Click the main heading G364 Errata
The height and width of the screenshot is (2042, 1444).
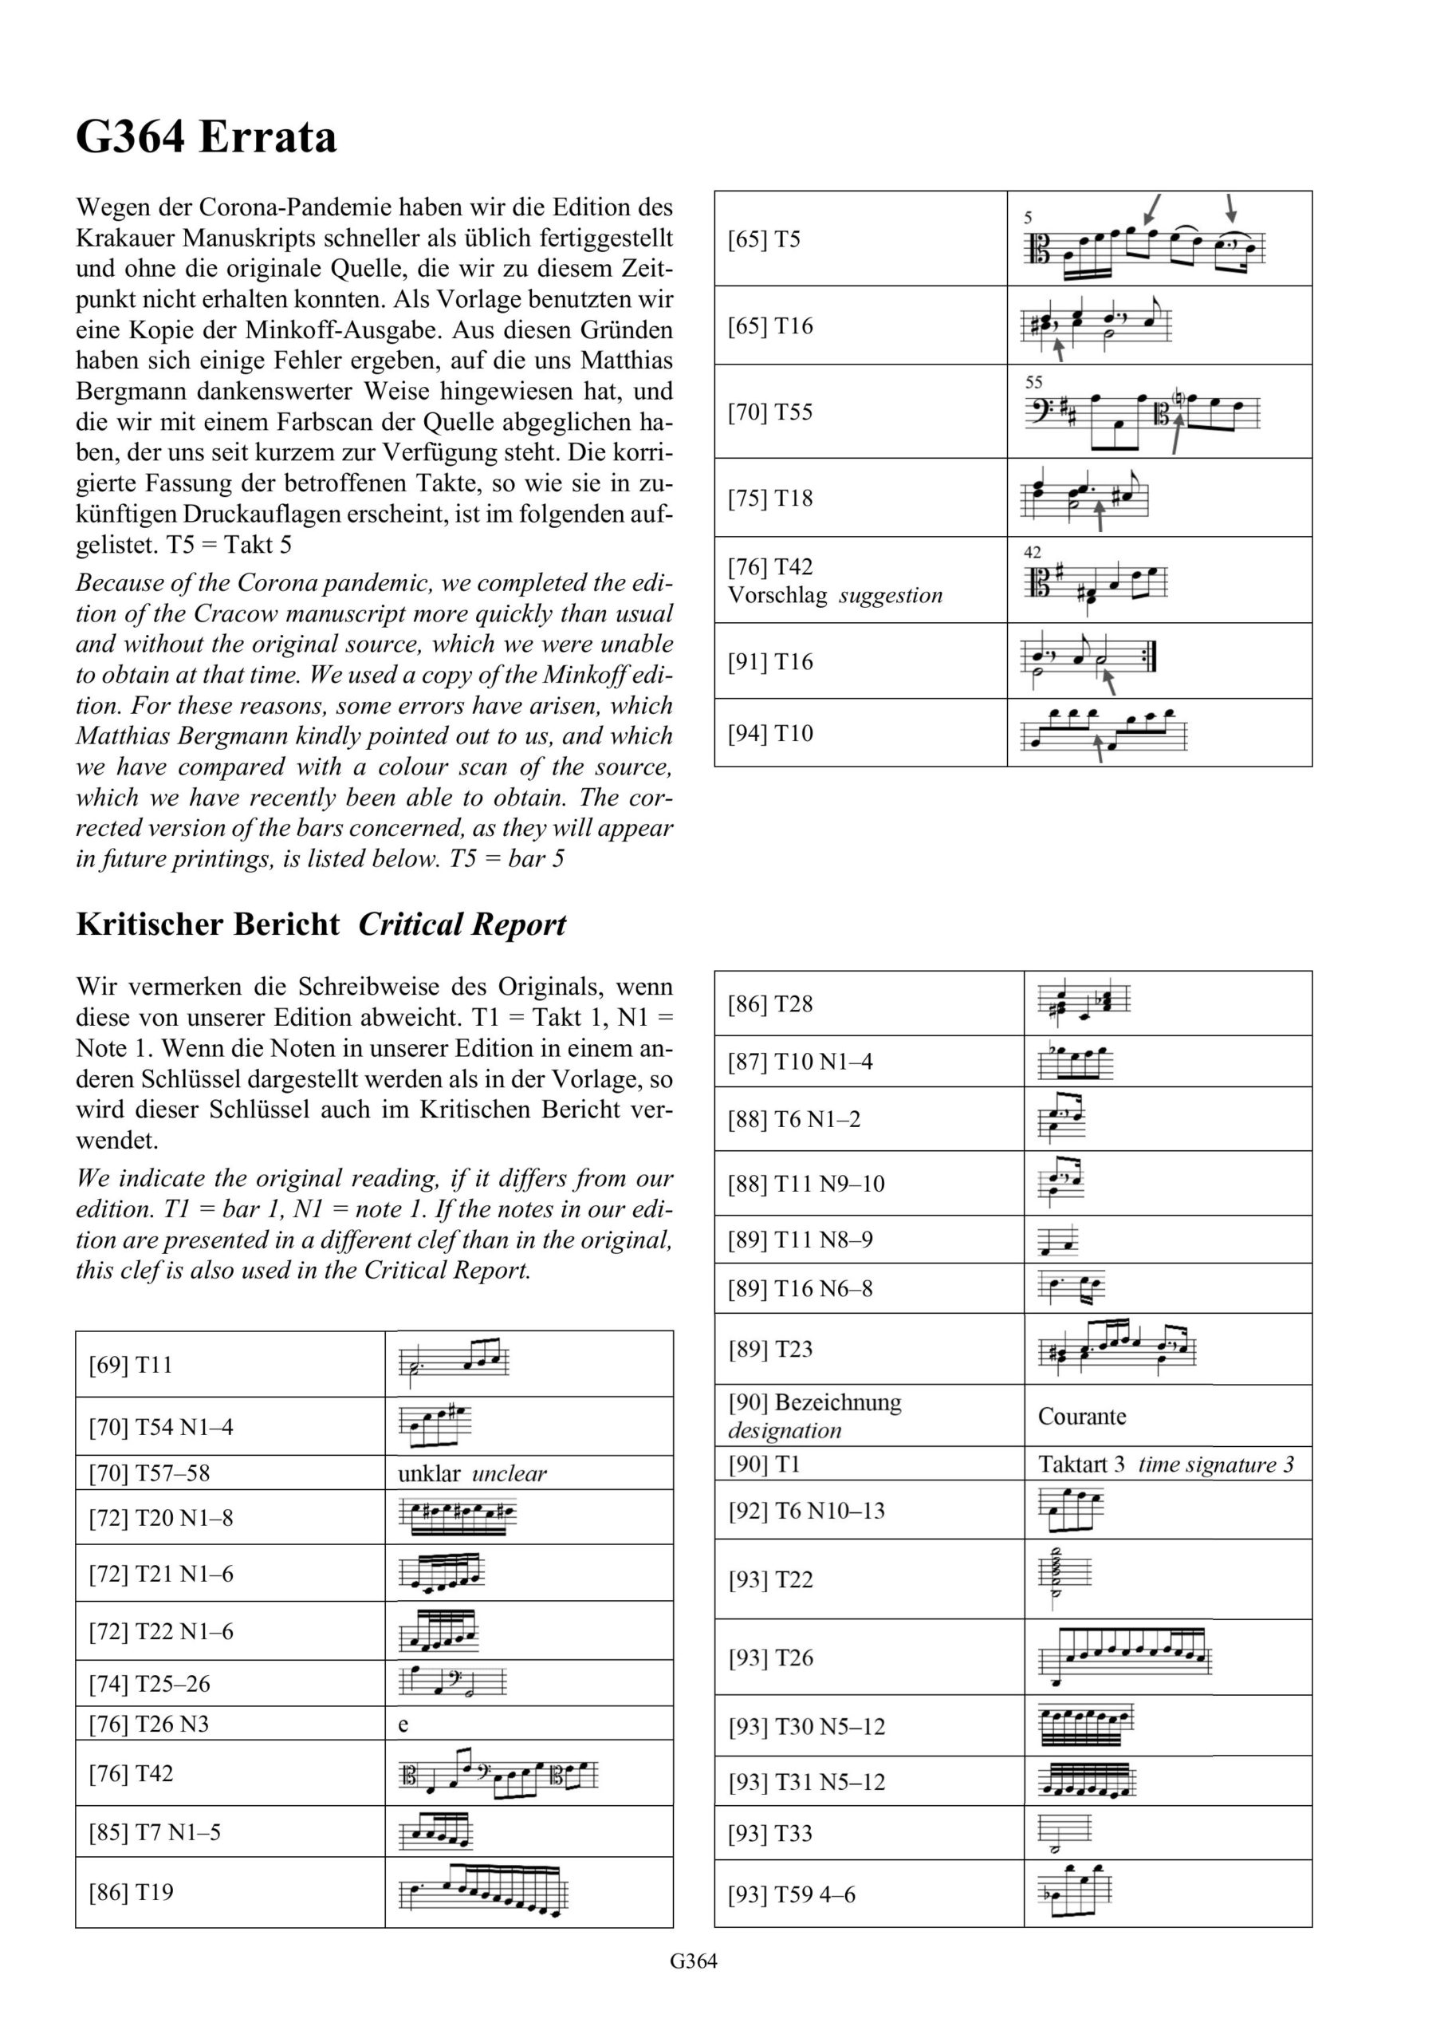[x=207, y=138]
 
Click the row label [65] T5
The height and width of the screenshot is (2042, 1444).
[x=764, y=239]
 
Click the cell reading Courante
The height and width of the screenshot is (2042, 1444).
[x=1081, y=1416]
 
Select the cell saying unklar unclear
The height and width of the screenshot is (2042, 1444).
[x=472, y=1474]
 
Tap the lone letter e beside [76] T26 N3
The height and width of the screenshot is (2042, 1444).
[x=403, y=1725]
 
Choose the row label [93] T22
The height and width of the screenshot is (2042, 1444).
[x=770, y=1579]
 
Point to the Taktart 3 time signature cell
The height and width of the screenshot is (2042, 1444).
[x=1166, y=1464]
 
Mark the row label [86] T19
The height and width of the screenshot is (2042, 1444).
[x=131, y=1892]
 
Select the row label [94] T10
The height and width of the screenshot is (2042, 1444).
[x=770, y=733]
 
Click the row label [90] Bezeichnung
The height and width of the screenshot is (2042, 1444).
[x=813, y=1402]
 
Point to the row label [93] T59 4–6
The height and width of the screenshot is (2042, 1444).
[x=791, y=1894]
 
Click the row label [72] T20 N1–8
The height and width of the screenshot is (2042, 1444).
[x=160, y=1518]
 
